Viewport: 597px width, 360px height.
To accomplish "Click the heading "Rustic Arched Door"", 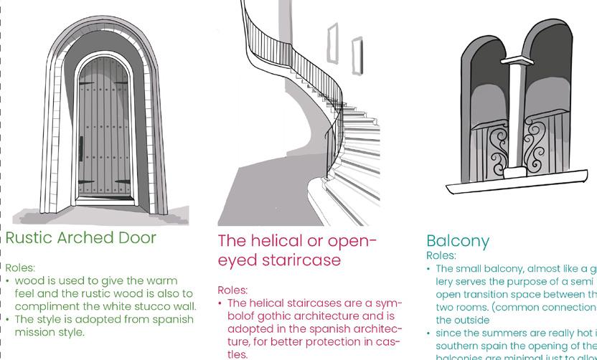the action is coord(80,238).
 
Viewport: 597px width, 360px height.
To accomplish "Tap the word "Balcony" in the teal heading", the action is coord(458,241).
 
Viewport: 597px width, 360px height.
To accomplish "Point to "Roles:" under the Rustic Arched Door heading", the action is coord(20,267).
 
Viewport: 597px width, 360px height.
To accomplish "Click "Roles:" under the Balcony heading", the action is coord(441,255).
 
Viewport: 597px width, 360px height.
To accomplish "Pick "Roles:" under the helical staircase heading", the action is coord(232,290).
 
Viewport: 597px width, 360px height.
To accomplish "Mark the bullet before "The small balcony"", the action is coord(429,269).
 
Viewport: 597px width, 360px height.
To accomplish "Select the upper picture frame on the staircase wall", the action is coord(332,42).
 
